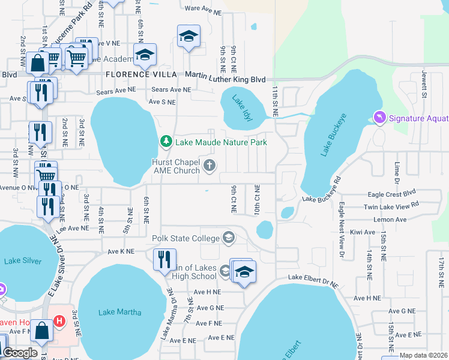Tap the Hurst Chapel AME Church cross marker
209,166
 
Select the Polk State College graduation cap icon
228,238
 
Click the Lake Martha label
120,312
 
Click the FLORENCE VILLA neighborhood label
141,74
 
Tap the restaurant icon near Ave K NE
164,259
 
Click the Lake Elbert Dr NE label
313,277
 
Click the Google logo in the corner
20,353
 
